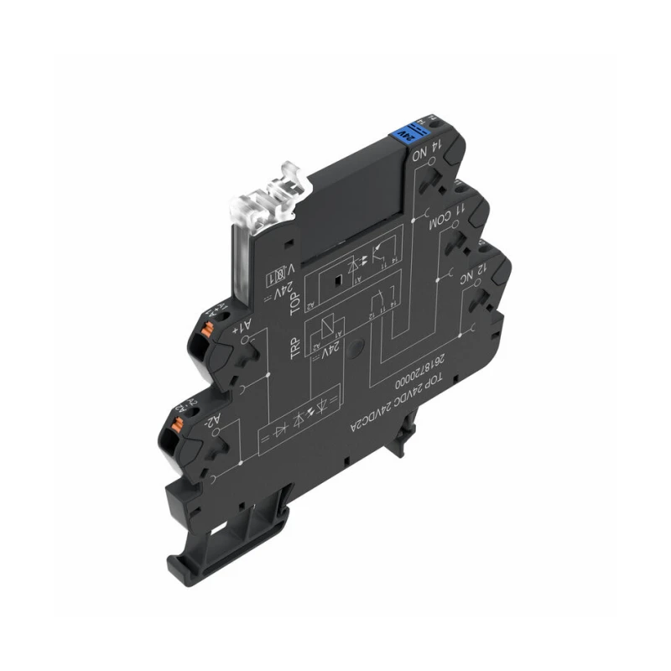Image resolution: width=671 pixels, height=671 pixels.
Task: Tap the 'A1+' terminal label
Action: coord(239,327)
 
